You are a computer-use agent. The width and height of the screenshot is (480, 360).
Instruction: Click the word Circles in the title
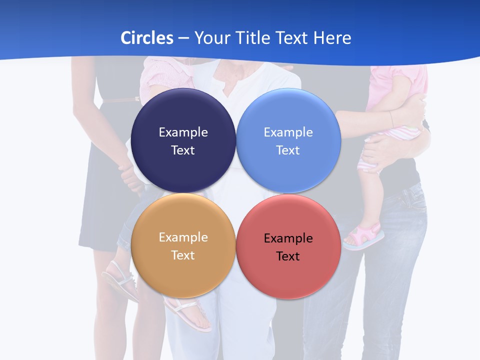click(x=147, y=38)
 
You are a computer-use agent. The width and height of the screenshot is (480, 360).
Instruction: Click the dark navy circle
click(x=183, y=140)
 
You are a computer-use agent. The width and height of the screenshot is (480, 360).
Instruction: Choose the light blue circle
click(x=288, y=140)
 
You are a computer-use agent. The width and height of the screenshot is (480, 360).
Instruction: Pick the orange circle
click(x=183, y=245)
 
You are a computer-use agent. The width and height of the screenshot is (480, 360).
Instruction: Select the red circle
click(x=288, y=246)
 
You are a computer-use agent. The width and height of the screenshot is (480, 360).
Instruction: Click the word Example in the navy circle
click(x=183, y=132)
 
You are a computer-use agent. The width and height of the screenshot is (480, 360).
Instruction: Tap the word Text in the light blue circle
click(x=288, y=150)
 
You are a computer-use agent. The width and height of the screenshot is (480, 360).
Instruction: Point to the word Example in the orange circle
click(x=183, y=237)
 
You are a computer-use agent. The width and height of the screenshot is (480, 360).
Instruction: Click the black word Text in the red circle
click(x=288, y=256)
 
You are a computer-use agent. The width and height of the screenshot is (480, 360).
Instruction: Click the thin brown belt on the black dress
click(x=120, y=100)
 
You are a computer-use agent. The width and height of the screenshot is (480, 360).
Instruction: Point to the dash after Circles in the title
click(x=183, y=38)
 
